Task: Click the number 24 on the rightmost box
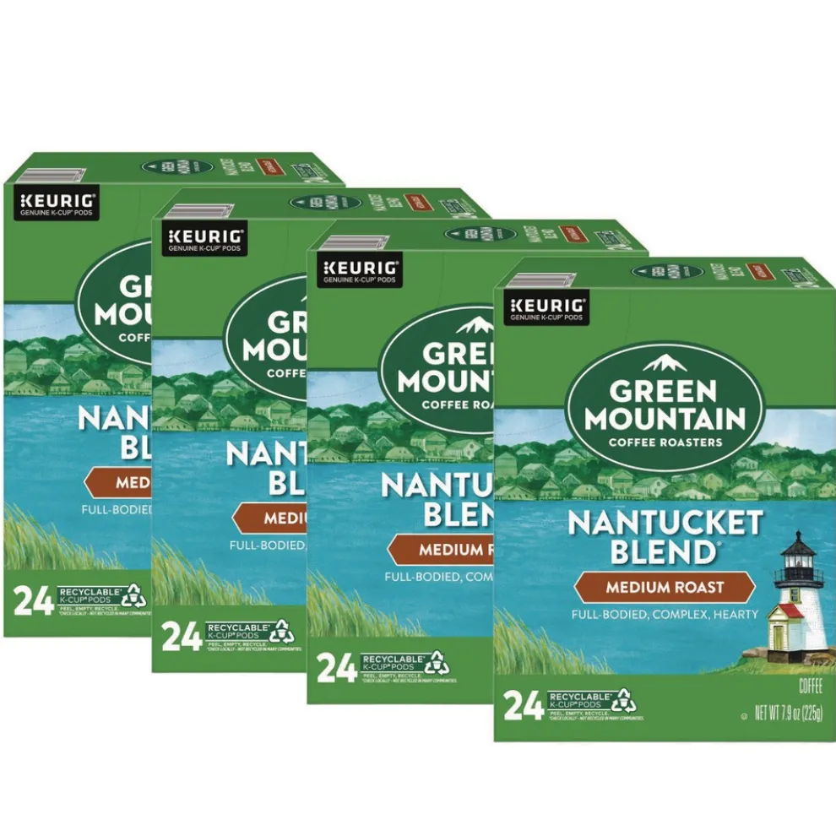[x=524, y=706]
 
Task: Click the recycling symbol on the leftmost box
[x=136, y=596]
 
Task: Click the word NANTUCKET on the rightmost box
[x=665, y=524]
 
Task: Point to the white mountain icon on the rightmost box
[x=664, y=363]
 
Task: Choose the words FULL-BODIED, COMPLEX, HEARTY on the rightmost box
[x=664, y=615]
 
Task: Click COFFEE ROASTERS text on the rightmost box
[x=665, y=442]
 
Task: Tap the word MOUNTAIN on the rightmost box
[x=665, y=417]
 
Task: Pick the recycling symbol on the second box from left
[x=282, y=632]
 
